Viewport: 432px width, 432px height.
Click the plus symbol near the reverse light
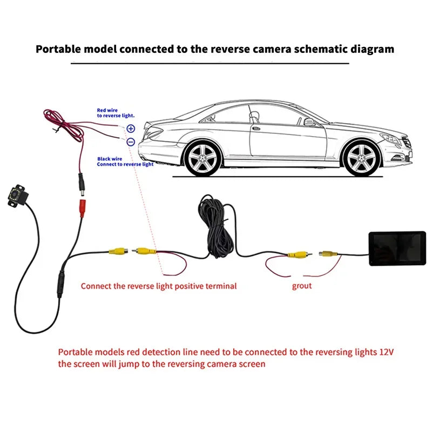pyautogui.click(x=131, y=129)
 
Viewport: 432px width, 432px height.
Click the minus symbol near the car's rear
pyautogui.click(x=131, y=141)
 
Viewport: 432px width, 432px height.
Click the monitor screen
pyautogui.click(x=396, y=247)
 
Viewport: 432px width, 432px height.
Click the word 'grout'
pyautogui.click(x=302, y=286)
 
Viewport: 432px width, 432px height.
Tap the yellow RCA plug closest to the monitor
pyautogui.click(x=328, y=252)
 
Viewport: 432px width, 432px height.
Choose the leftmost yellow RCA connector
pyautogui.click(x=117, y=251)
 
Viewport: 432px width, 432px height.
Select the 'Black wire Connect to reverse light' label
pyautogui.click(x=125, y=161)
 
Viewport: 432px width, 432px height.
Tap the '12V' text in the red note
pyautogui.click(x=386, y=352)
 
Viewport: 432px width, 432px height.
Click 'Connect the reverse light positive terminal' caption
pyautogui.click(x=159, y=286)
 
